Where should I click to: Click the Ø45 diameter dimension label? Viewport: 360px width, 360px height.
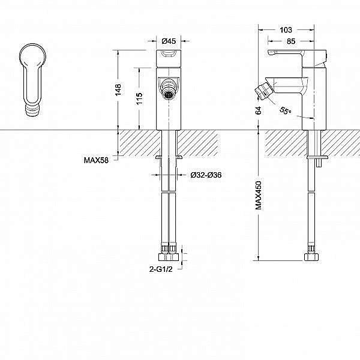pyautogui.click(x=169, y=41)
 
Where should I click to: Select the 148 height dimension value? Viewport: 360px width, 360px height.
pyautogui.click(x=118, y=90)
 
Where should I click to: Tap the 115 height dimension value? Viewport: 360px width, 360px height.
pyautogui.click(x=139, y=98)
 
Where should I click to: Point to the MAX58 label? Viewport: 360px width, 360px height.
pyautogui.click(x=96, y=160)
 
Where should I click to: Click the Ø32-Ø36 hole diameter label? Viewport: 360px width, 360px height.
pyautogui.click(x=206, y=175)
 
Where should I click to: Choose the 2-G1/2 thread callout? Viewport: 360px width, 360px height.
pyautogui.click(x=161, y=269)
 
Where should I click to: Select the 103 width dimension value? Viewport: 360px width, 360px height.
pyautogui.click(x=286, y=30)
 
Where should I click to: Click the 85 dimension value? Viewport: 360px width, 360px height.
pyautogui.click(x=291, y=41)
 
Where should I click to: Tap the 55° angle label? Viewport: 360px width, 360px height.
pyautogui.click(x=286, y=110)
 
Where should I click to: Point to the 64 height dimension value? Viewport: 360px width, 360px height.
pyautogui.click(x=258, y=110)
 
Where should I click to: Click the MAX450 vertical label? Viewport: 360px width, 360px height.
pyautogui.click(x=258, y=196)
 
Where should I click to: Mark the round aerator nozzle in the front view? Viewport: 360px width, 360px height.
pyautogui.click(x=168, y=95)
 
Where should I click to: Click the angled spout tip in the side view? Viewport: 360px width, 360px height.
pyautogui.click(x=263, y=91)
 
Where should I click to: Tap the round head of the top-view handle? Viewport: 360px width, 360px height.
pyautogui.click(x=32, y=56)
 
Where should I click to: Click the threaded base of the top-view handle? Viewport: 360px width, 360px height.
pyautogui.click(x=33, y=110)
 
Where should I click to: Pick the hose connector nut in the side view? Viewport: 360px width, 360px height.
pyautogui.click(x=311, y=257)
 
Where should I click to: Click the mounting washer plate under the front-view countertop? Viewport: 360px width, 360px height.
pyautogui.click(x=169, y=157)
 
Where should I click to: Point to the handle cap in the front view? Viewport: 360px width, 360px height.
pyautogui.click(x=169, y=58)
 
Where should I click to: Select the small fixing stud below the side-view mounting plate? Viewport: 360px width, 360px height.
pyautogui.click(x=319, y=163)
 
